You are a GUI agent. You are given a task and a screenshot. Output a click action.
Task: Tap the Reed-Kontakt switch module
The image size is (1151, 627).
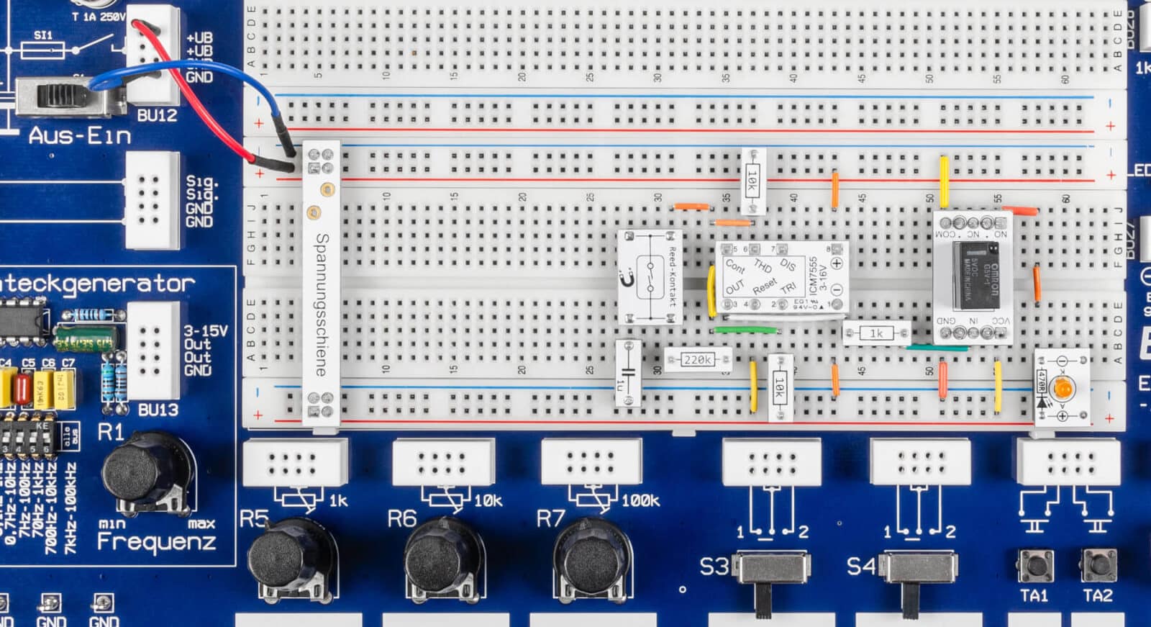click(x=650, y=277)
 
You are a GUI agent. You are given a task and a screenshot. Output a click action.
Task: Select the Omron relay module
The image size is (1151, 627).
click(x=973, y=276)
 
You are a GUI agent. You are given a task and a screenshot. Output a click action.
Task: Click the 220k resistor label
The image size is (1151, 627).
click(x=697, y=358)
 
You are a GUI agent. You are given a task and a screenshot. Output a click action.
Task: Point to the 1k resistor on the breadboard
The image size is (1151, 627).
click(x=875, y=333)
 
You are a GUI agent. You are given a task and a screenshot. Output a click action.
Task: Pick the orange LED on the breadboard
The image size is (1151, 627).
click(x=1063, y=388)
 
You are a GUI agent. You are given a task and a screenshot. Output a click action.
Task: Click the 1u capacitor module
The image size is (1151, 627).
click(x=628, y=374)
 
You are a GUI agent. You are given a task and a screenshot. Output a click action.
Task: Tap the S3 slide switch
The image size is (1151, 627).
click(x=768, y=569)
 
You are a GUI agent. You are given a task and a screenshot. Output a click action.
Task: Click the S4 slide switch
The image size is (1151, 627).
click(x=919, y=569)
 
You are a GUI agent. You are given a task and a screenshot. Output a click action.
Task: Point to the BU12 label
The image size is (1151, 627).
click(x=157, y=115)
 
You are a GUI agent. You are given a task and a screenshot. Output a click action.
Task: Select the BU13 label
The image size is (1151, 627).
click(x=158, y=410)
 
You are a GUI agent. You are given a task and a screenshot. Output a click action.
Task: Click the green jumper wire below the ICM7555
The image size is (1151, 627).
click(x=745, y=330)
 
